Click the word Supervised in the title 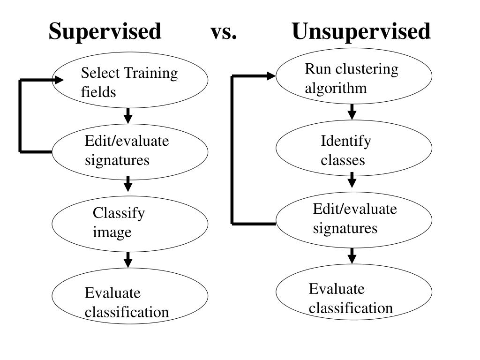tap(105, 32)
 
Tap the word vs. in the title tap(224, 32)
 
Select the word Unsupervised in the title tap(361, 32)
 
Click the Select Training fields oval tap(130, 80)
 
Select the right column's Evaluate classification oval tap(353, 292)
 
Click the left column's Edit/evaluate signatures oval tap(130, 151)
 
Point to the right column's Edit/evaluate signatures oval tap(353, 219)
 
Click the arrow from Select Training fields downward tap(128, 115)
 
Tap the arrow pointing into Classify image tap(128, 184)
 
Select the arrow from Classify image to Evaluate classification tap(128, 259)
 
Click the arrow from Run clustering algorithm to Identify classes tap(352, 112)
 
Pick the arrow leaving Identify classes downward tap(352, 180)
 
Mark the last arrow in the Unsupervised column tap(352, 255)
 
